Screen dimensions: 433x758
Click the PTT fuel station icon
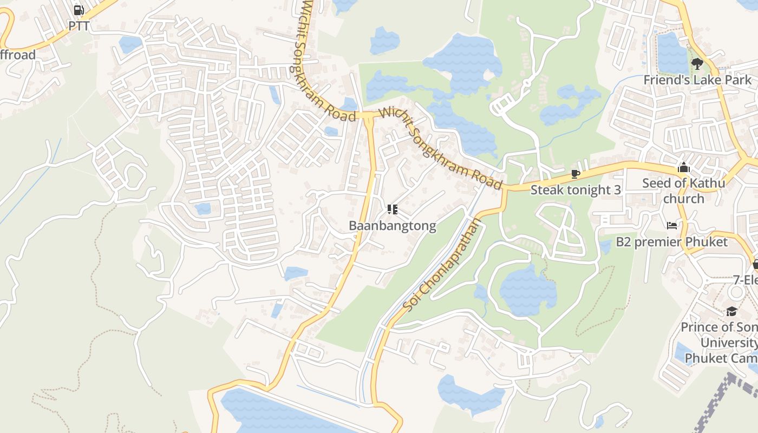coord(79,10)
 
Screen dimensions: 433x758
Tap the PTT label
coord(79,25)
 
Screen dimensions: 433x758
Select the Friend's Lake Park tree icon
coord(697,64)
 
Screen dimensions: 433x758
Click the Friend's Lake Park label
coord(697,80)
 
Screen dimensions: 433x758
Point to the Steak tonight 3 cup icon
coord(575,174)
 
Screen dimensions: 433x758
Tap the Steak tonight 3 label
coord(575,190)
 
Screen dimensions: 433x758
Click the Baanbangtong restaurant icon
coord(393,209)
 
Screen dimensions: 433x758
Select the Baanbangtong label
coord(393,226)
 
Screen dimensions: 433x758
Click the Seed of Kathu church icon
coord(683,167)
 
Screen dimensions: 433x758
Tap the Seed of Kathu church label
coord(683,191)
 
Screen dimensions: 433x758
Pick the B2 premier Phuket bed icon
coord(671,225)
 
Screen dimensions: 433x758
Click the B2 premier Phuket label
coord(671,241)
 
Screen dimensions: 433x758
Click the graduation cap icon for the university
coord(731,311)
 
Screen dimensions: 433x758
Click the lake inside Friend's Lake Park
coord(671,53)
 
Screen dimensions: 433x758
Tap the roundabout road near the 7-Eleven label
coord(736,292)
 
